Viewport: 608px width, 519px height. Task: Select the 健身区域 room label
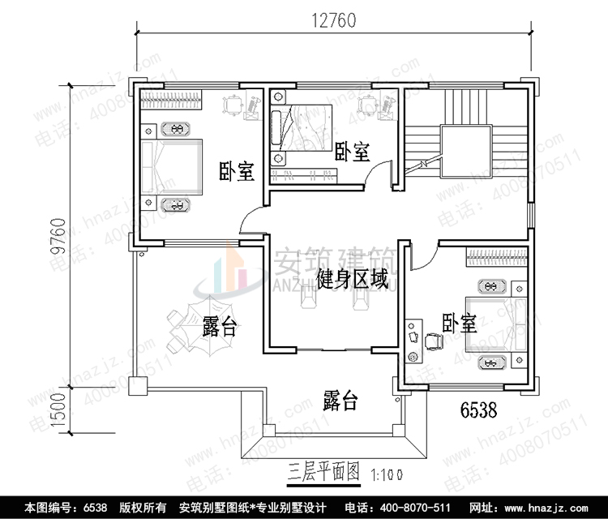tap(351, 281)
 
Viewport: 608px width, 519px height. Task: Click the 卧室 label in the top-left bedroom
tap(237, 172)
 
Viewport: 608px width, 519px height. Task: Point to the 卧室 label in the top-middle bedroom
tap(352, 152)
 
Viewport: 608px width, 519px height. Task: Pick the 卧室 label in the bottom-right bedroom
tap(459, 324)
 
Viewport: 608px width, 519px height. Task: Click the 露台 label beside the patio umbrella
tap(220, 328)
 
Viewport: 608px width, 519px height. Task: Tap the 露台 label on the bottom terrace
tap(340, 401)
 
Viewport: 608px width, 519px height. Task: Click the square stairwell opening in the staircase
tap(465, 151)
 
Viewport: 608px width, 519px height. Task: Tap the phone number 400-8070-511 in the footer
tap(403, 508)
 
